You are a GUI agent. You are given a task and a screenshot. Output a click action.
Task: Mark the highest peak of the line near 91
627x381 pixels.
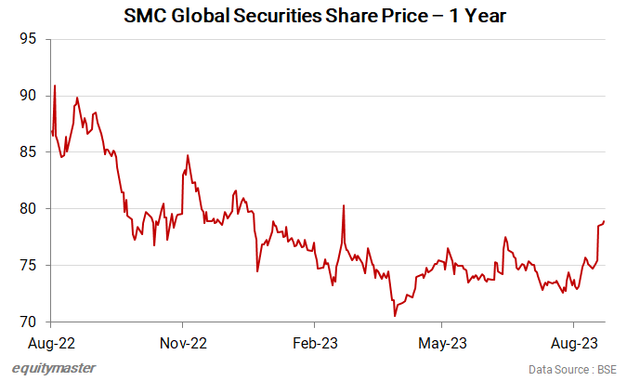pyautogui.click(x=55, y=85)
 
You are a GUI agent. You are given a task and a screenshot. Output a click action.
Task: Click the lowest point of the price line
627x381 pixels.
pyautogui.click(x=395, y=316)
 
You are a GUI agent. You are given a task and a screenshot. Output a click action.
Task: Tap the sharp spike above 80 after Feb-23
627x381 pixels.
pyautogui.click(x=344, y=205)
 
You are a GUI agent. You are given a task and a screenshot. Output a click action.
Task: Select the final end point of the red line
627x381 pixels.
pyautogui.click(x=605, y=221)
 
